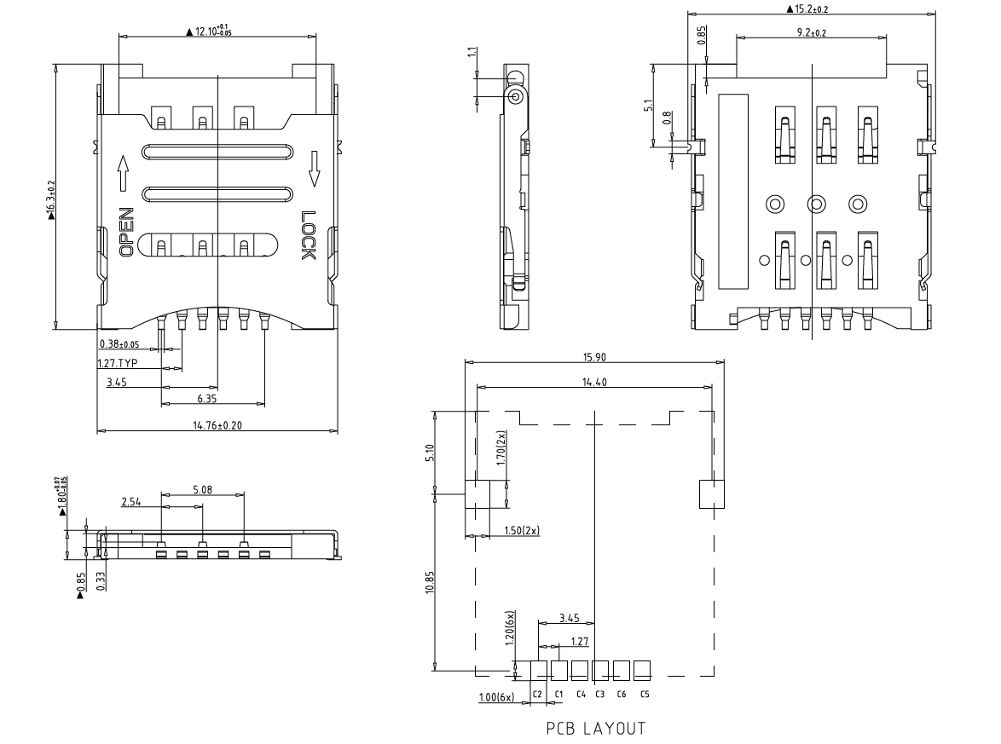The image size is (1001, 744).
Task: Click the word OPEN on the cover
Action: pyautogui.click(x=125, y=232)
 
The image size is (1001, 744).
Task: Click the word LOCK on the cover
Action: pyautogui.click(x=309, y=236)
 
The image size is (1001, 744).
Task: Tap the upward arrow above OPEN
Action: pyautogui.click(x=124, y=173)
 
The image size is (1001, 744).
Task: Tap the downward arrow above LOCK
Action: pyautogui.click(x=313, y=168)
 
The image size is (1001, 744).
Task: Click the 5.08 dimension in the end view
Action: pyautogui.click(x=202, y=489)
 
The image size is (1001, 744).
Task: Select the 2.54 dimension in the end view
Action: pyautogui.click(x=131, y=503)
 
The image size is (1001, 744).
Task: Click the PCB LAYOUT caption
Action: pyautogui.click(x=595, y=729)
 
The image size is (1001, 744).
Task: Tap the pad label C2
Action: pyautogui.click(x=537, y=694)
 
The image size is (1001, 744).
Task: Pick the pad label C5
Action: pyautogui.click(x=645, y=694)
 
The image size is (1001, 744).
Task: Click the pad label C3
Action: pyautogui.click(x=599, y=694)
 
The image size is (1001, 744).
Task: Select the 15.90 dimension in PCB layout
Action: pyautogui.click(x=594, y=356)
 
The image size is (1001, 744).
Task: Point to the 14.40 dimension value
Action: pyautogui.click(x=594, y=382)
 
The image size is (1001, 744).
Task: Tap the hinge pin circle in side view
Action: pyautogui.click(x=516, y=97)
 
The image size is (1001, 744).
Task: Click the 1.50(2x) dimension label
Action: pyautogui.click(x=519, y=531)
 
